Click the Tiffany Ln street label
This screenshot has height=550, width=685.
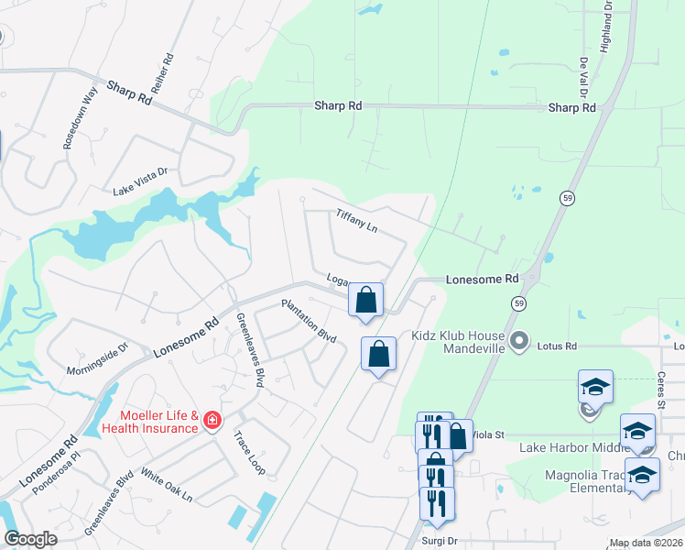[357, 218]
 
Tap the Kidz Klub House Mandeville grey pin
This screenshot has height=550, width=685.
[519, 342]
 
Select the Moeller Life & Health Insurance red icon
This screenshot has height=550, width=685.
[212, 421]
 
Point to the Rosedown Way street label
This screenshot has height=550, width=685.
[79, 118]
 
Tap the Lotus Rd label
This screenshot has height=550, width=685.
[557, 347]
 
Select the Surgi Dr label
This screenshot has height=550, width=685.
[439, 541]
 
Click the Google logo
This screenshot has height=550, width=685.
[31, 539]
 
